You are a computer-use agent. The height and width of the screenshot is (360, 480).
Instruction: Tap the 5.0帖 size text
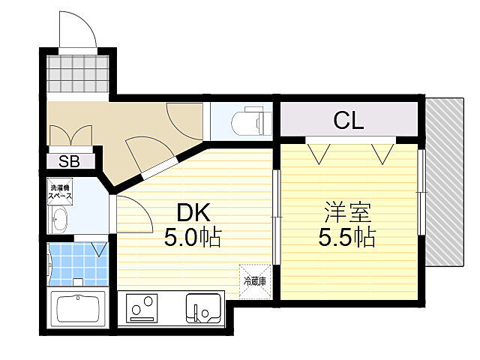[x=193, y=238]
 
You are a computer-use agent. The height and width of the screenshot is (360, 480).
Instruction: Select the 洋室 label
[x=346, y=211]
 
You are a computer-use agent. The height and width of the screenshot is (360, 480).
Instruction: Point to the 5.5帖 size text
[x=346, y=238]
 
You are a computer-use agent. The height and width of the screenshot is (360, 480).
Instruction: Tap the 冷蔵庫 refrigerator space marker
[x=253, y=281]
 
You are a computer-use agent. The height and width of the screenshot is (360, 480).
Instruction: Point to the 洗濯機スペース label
[x=60, y=193]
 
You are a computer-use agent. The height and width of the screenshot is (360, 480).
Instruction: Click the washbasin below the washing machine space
[x=59, y=220]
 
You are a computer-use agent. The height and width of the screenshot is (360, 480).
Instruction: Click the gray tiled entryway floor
[x=78, y=73]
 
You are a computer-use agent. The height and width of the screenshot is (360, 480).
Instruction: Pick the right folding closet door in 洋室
[x=382, y=152]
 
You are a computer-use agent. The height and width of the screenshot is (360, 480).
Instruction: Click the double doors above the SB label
[x=70, y=135]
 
